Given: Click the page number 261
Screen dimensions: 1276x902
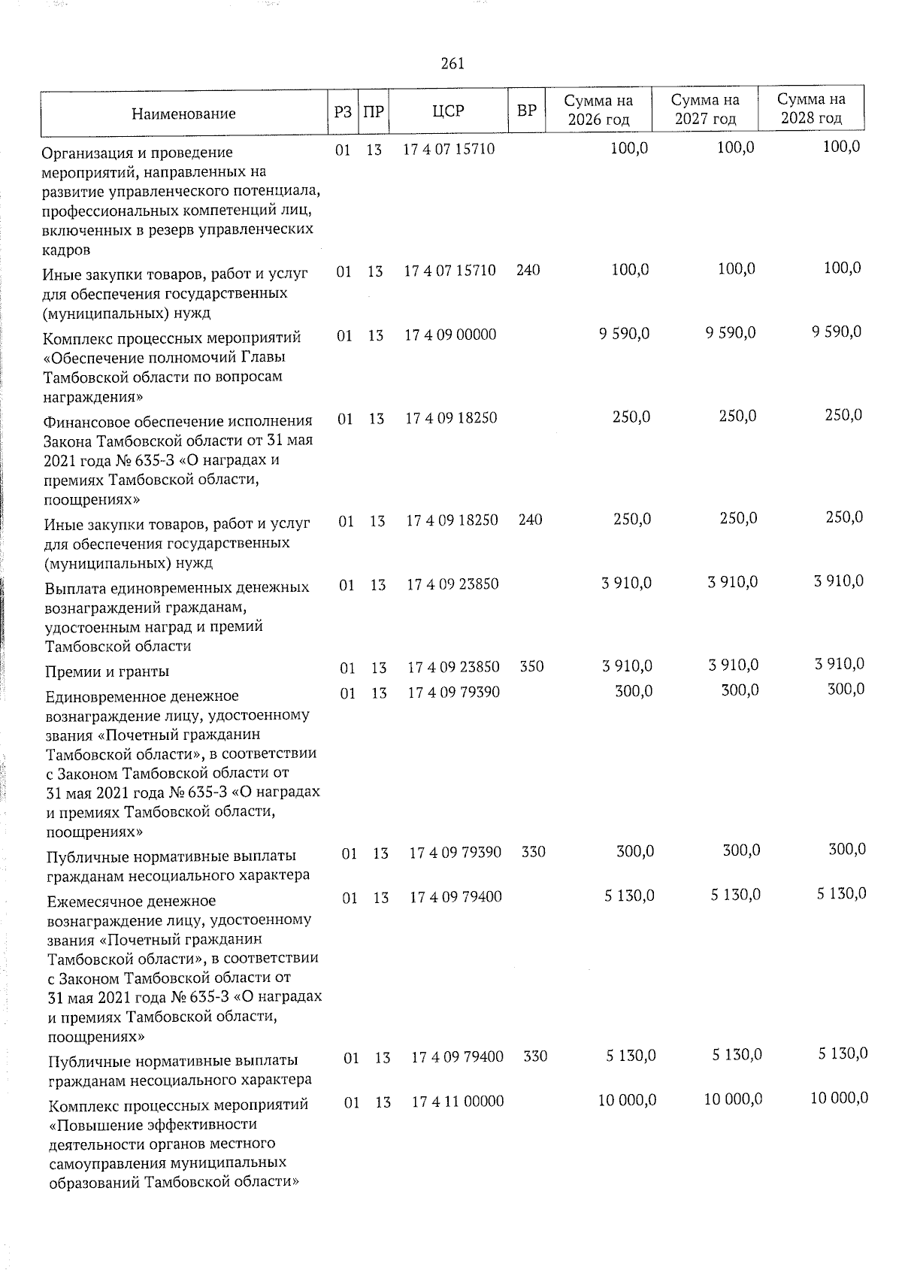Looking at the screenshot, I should (x=452, y=64).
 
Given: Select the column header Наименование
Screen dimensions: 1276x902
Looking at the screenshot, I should (x=183, y=114).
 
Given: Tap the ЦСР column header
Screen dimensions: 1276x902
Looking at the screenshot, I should (x=448, y=111).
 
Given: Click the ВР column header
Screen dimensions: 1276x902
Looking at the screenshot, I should (x=527, y=111).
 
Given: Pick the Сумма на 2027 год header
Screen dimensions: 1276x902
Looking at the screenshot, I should (x=704, y=109).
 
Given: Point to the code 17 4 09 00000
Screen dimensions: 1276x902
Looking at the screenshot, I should (x=450, y=335).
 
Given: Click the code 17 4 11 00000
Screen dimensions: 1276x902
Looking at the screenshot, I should (x=458, y=1102).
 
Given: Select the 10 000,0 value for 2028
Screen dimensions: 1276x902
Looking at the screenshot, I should (x=840, y=1099).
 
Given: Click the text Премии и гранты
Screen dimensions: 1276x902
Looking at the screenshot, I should (x=107, y=671).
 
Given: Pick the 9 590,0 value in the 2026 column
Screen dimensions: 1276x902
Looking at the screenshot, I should (x=625, y=334).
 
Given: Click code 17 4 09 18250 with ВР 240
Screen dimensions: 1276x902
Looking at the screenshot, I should (x=453, y=520).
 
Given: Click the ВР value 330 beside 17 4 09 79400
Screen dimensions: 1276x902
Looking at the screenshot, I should (x=535, y=1056).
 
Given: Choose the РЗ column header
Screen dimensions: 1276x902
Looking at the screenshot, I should (x=342, y=111).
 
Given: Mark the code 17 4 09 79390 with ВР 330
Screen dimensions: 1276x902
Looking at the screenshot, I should (x=456, y=853).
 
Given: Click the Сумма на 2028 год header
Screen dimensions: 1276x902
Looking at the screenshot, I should (x=810, y=109).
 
